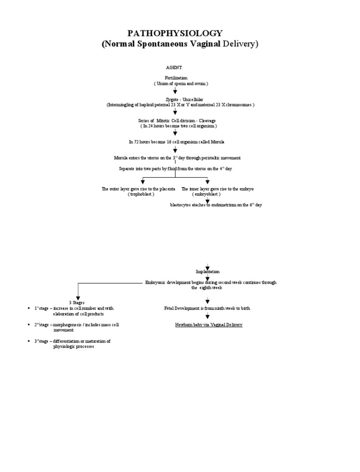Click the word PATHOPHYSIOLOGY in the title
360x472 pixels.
point(176,33)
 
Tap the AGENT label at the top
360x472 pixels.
point(174,68)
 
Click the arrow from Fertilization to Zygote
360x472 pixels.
point(175,91)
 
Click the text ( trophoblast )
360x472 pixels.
point(141,194)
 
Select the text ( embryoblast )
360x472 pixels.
point(207,194)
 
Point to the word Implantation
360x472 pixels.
point(207,272)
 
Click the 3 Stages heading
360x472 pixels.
point(77,302)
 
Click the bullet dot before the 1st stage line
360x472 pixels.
point(29,308)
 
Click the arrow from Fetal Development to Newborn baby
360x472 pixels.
point(207,316)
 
